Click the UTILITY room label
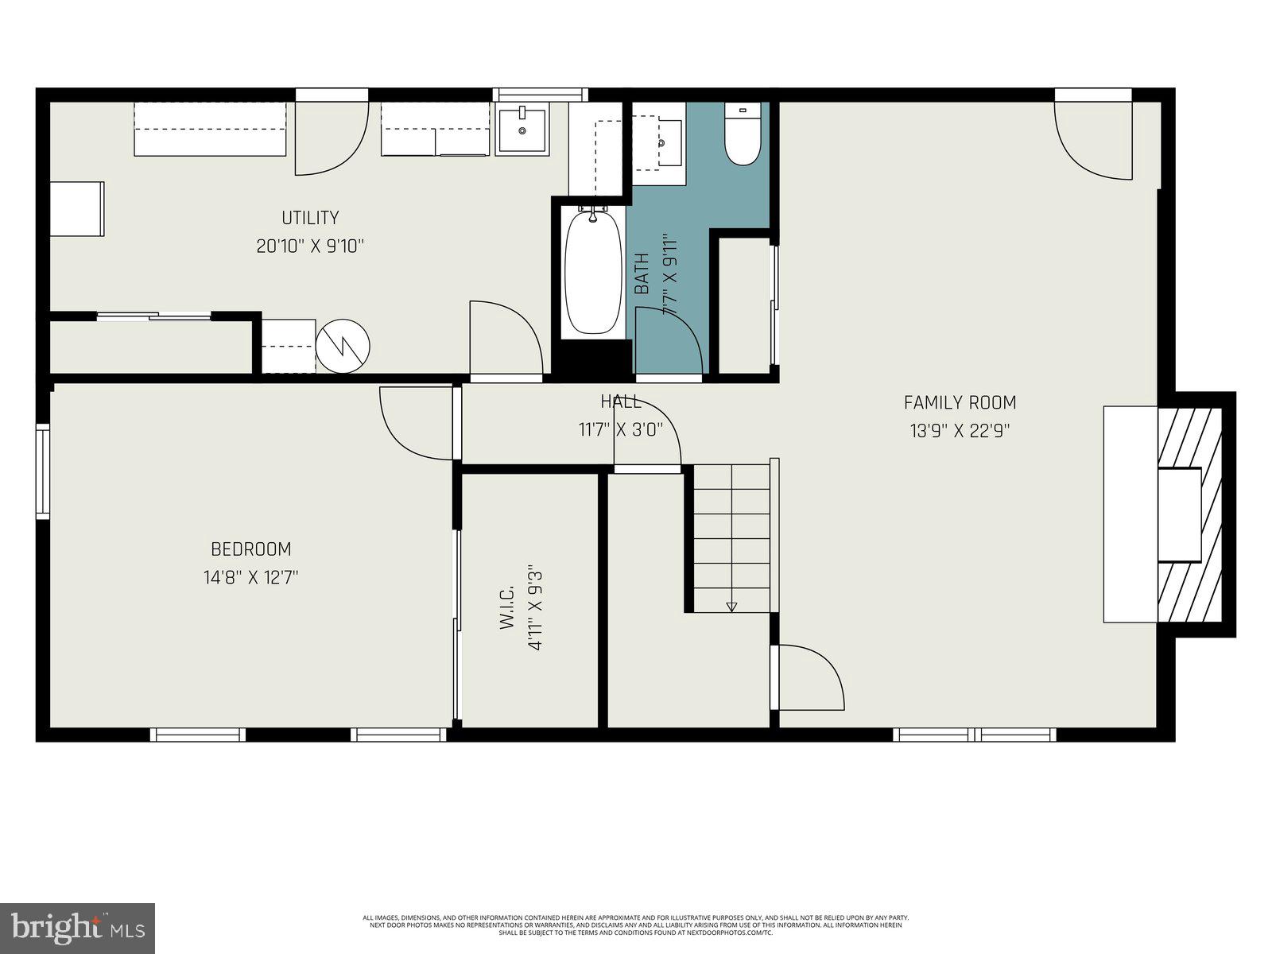pyautogui.click(x=310, y=218)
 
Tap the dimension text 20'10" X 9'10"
pyautogui.click(x=310, y=246)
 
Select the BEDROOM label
pyautogui.click(x=250, y=549)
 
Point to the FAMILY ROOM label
pyautogui.click(x=960, y=402)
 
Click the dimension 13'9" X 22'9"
pyautogui.click(x=960, y=431)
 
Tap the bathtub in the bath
pyautogui.click(x=592, y=273)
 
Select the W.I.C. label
pyautogui.click(x=508, y=608)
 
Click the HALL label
pyautogui.click(x=620, y=401)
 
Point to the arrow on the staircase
pyautogui.click(x=731, y=607)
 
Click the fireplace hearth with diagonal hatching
pyautogui.click(x=1190, y=515)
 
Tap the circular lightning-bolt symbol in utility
pyautogui.click(x=343, y=346)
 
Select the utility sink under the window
pyautogui.click(x=522, y=131)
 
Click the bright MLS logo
pyautogui.click(x=77, y=926)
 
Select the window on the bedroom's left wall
pyautogui.click(x=43, y=472)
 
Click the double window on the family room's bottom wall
pyautogui.click(x=975, y=735)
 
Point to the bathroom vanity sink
pyautogui.click(x=662, y=143)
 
